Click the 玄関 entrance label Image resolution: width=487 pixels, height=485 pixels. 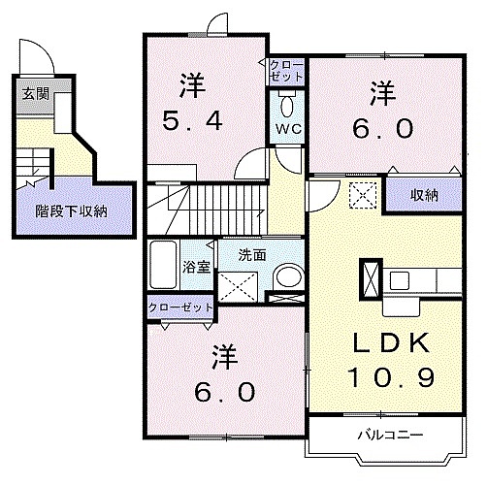(36, 94)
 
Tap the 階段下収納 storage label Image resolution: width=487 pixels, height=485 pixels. (71, 211)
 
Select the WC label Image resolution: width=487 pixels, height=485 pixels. (288, 129)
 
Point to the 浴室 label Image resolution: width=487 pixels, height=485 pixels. (196, 267)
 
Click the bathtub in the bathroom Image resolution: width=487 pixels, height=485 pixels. (163, 265)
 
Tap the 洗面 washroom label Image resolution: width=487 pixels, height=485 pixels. (252, 255)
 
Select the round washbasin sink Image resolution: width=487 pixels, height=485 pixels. (288, 277)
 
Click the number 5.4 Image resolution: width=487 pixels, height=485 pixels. (192, 121)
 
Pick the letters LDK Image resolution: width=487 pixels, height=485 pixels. (391, 343)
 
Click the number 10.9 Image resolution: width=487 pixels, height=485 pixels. (390, 377)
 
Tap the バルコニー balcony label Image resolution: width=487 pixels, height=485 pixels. (390, 435)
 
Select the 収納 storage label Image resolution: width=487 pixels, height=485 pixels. (424, 195)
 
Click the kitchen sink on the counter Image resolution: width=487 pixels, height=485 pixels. (400, 280)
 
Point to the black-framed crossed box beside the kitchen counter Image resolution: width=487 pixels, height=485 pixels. (371, 278)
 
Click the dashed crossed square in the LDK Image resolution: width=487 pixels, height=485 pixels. (363, 195)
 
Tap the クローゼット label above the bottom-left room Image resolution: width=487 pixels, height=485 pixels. (180, 307)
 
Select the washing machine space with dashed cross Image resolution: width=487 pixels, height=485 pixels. (238, 287)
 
